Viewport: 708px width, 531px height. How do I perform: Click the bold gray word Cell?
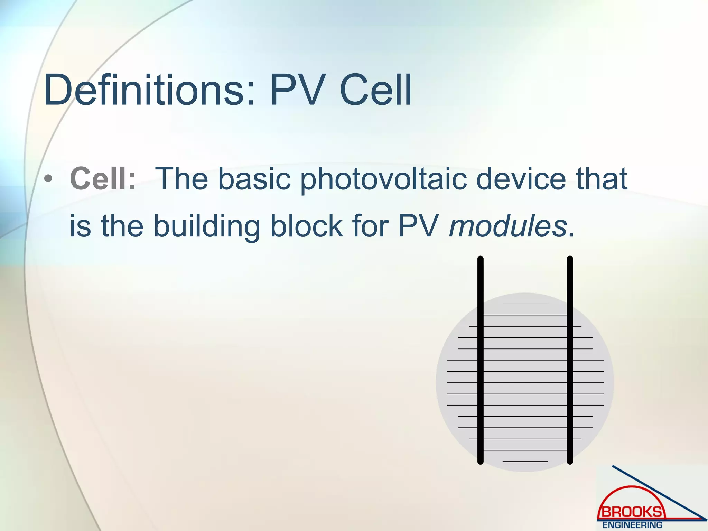tap(103, 179)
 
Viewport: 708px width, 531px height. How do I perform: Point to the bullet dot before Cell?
tap(48, 179)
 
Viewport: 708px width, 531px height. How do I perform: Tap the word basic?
tap(254, 179)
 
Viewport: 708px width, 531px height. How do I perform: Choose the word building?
tap(206, 226)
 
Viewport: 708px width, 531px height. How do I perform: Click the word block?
tap(306, 226)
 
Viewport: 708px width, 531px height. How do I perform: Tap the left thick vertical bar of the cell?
tap(480, 360)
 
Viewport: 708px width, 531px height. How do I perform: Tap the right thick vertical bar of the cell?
tap(570, 360)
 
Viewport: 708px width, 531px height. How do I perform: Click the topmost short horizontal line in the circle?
tap(525, 304)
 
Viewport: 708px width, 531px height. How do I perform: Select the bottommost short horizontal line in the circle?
tap(525, 462)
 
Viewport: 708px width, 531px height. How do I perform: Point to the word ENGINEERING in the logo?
tap(632, 525)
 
